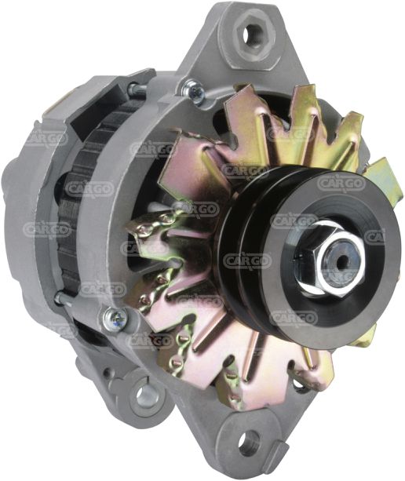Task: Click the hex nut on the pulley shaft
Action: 327,260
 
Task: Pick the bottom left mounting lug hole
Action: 144,395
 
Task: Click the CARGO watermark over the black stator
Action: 89,188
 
